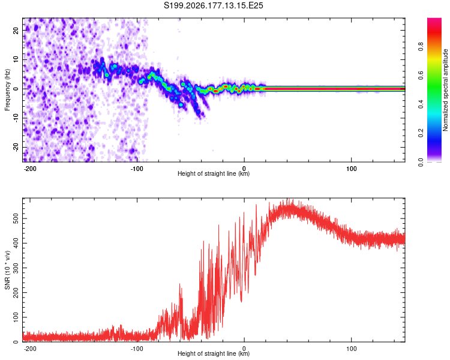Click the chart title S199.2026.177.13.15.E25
[213, 5]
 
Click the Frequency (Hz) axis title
[7, 90]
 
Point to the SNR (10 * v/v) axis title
[7, 270]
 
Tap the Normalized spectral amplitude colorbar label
[445, 90]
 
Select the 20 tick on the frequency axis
[16, 30]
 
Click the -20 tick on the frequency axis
[16, 148]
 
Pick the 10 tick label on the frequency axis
[16, 59]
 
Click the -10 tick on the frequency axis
[16, 118]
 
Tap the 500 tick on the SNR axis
[16, 219]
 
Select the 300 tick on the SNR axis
[16, 268]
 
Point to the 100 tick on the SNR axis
[16, 317]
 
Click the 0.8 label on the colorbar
[421, 46]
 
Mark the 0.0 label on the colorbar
[421, 162]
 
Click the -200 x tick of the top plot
[29, 169]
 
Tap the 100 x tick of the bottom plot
[351, 349]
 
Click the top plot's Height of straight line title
[214, 173]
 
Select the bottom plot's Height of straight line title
[214, 353]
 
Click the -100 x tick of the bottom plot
[137, 349]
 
